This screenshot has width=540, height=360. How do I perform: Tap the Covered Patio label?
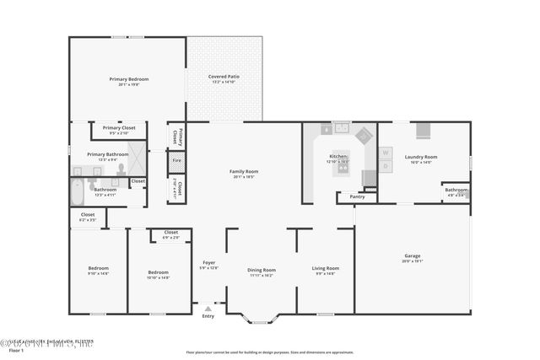pos(224,77)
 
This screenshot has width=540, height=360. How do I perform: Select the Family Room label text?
pos(244,171)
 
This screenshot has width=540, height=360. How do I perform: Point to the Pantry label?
pos(357,196)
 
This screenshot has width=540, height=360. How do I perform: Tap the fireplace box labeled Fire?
pos(176,160)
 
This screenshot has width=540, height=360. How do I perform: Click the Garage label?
pos(412,255)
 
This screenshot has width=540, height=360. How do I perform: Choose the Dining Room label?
pos(262,270)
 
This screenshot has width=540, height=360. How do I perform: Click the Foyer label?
pos(208,262)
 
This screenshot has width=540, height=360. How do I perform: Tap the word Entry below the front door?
pos(208,316)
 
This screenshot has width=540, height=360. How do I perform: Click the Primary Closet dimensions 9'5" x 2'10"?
pos(119,133)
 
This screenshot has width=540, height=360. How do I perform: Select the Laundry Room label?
pos(420,157)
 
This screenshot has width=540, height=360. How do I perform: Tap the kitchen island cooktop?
pos(343,167)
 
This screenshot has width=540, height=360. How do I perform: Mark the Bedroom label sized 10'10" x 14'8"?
pos(159,273)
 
